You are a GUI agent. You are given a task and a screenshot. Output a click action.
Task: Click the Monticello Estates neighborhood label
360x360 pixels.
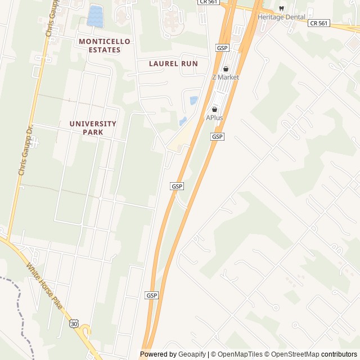[x=105, y=46]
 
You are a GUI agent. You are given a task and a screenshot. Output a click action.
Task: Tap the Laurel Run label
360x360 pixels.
[x=173, y=64]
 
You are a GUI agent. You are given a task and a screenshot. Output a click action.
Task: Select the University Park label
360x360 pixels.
[x=93, y=128]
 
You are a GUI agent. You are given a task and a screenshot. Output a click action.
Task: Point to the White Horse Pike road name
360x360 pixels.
[x=43, y=286]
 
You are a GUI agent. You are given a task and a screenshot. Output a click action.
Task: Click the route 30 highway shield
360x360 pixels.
[x=74, y=323]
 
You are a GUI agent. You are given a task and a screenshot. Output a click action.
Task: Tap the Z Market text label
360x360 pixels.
[x=226, y=77]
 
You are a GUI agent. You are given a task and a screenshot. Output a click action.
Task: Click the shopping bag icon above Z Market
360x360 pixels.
[x=226, y=69]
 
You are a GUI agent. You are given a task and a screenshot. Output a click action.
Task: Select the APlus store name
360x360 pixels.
[x=214, y=118]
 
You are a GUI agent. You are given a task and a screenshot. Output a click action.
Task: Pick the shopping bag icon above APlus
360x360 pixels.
[x=214, y=109]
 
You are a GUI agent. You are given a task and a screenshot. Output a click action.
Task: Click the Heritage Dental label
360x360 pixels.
[x=281, y=17]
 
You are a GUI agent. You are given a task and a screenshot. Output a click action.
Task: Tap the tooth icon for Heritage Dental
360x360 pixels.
[x=281, y=8]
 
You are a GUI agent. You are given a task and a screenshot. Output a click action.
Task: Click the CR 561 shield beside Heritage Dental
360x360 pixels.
[x=319, y=23]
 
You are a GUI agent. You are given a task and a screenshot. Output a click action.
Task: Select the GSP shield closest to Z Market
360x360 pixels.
[x=222, y=48]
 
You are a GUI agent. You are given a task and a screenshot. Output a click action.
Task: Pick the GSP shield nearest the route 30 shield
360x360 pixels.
[x=152, y=295]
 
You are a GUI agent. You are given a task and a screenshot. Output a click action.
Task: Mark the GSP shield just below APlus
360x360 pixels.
[x=217, y=137]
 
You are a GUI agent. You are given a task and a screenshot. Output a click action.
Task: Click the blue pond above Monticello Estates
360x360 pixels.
[x=95, y=15]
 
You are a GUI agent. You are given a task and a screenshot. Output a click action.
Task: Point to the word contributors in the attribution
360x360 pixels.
[x=339, y=354]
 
